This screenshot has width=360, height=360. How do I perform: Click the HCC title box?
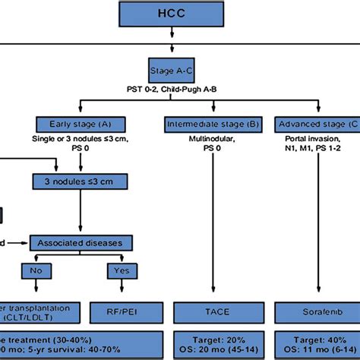[x=180, y=15]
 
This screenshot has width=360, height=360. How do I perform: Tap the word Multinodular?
[x=202, y=141]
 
